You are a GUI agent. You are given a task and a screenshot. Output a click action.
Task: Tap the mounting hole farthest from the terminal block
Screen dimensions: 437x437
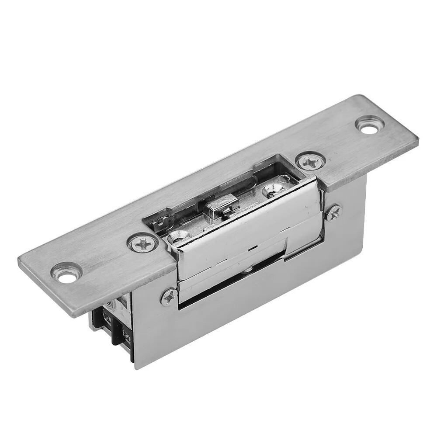(370, 125)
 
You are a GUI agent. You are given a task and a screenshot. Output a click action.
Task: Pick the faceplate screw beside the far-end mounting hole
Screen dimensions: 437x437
(311, 162)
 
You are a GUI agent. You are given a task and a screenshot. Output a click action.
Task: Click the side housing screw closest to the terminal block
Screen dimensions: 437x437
(169, 297)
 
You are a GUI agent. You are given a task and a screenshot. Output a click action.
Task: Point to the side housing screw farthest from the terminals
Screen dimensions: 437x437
(333, 212)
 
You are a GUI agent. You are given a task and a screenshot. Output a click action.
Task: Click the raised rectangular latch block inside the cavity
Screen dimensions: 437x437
(222, 207)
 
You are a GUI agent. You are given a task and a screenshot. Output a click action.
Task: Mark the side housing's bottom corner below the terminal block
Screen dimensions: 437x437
(136, 366)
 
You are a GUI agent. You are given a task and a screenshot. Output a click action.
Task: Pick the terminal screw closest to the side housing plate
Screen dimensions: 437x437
(126, 336)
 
